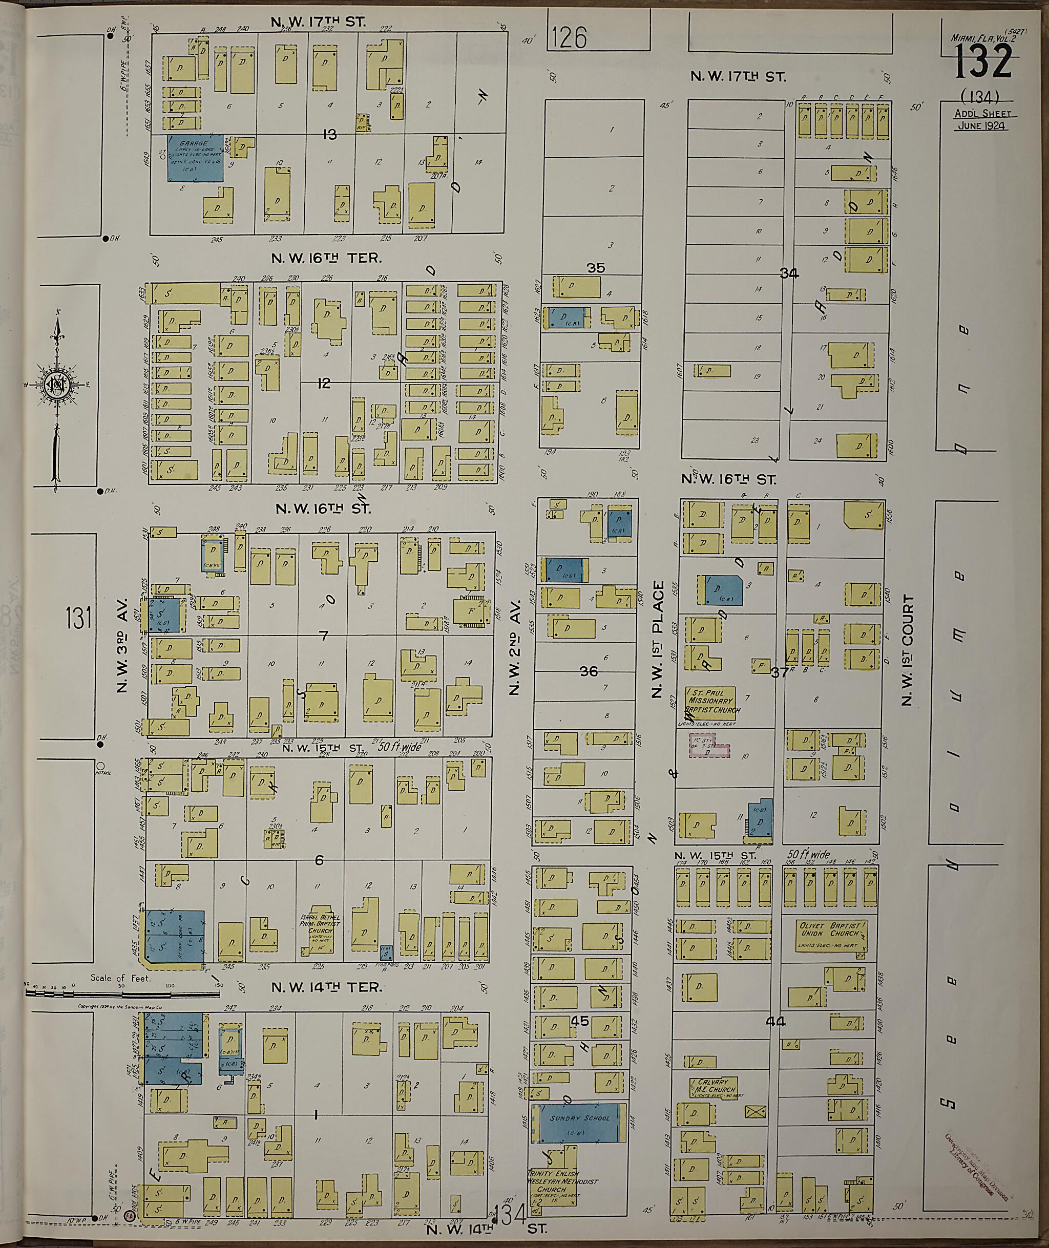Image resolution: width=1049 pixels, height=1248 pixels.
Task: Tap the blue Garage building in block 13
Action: pyautogui.click(x=195, y=158)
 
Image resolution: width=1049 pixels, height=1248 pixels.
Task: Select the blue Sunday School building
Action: pyautogui.click(x=579, y=1123)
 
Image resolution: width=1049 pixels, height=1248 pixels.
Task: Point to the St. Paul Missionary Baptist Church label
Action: pyautogui.click(x=712, y=701)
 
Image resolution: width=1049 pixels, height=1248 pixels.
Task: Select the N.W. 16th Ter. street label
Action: pyautogui.click(x=326, y=259)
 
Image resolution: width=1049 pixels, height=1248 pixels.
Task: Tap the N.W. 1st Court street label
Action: pyautogui.click(x=908, y=650)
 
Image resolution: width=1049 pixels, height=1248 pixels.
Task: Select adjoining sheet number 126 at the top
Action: pyautogui.click(x=569, y=37)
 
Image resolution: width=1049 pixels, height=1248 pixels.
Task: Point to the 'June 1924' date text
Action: pyautogui.click(x=982, y=125)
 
